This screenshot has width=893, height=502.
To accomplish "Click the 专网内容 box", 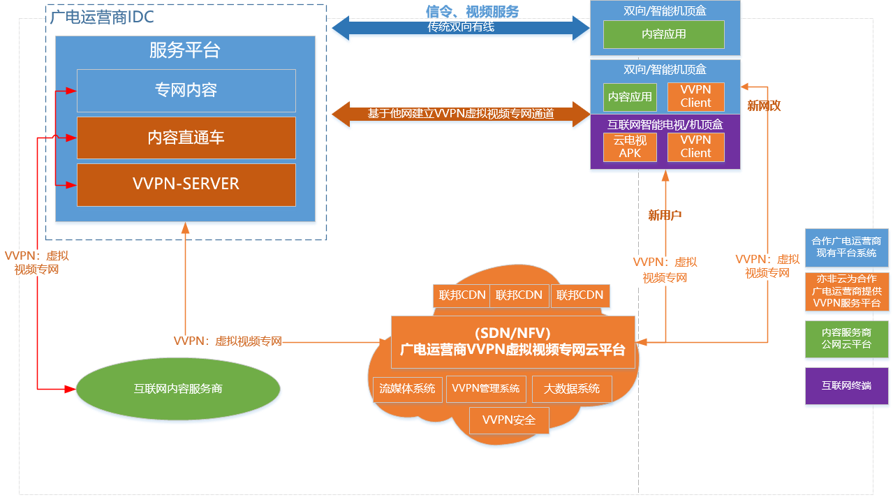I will tap(186, 90).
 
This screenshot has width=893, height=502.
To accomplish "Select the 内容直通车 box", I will tap(186, 138).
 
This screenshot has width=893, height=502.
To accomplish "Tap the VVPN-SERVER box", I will tap(186, 184).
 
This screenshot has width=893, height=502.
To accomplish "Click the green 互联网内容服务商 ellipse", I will tap(177, 388).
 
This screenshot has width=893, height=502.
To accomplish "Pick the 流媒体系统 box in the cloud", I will tap(407, 389).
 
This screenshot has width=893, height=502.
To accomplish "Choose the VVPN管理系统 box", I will tap(486, 389).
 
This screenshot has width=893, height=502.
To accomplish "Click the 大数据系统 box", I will tap(571, 389).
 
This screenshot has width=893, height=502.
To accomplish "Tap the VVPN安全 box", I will tap(509, 420).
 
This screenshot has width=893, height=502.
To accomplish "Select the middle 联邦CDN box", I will tap(519, 295).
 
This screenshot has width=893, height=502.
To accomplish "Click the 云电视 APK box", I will tap(630, 147).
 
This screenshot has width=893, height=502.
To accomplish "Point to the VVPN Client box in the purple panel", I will tap(695, 147).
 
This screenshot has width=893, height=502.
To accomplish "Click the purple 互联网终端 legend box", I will tap(846, 385).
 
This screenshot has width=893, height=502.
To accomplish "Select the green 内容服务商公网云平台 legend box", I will tap(846, 339).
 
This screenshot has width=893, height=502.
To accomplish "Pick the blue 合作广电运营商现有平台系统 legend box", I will tap(846, 247).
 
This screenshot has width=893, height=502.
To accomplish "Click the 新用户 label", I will tap(665, 215).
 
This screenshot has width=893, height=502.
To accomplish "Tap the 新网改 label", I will tap(764, 106).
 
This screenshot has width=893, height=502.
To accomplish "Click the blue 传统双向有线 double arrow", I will tap(461, 28).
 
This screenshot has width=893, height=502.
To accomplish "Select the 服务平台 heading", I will tap(185, 51).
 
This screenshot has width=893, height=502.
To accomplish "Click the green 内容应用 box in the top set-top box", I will tap(663, 34).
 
